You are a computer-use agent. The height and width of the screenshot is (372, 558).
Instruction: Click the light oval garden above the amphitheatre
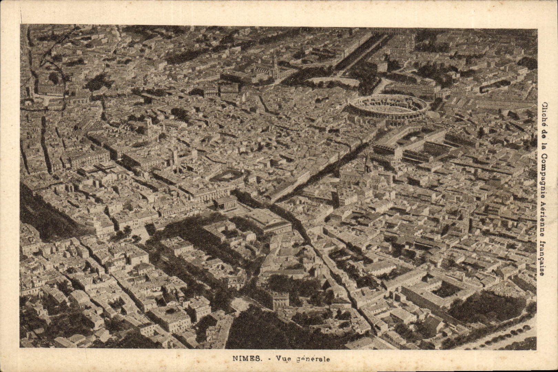pyautogui.click(x=332, y=82)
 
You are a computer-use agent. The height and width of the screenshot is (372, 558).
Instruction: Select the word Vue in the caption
pyautogui.click(x=281, y=359)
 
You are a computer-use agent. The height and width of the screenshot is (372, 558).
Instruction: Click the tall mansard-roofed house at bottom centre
pyautogui.click(x=280, y=300)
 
